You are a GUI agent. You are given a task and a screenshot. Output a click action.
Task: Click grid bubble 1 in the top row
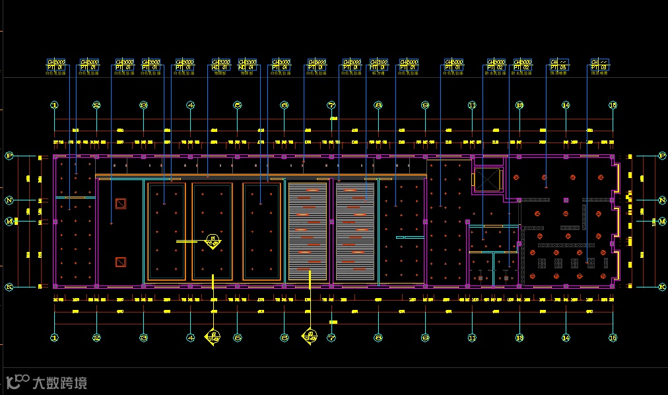[55, 105]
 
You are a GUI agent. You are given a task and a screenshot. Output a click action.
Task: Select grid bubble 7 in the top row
[331, 105]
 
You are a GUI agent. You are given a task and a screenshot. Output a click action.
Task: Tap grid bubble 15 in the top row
[613, 105]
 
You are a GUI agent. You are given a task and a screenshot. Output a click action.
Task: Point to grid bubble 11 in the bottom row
[472, 338]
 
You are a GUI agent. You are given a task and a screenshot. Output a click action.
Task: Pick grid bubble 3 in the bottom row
[143, 338]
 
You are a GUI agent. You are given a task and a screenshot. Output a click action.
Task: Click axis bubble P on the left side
[9, 156]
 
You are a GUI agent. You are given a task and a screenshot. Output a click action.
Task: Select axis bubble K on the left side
[9, 287]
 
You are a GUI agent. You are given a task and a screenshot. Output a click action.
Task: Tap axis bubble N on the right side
[661, 200]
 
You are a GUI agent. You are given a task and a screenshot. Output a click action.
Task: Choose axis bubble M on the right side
[661, 222]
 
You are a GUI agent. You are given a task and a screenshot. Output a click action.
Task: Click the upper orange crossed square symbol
[120, 204]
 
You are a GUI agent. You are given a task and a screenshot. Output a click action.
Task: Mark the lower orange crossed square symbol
[120, 262]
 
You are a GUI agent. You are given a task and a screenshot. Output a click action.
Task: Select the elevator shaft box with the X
[487, 179]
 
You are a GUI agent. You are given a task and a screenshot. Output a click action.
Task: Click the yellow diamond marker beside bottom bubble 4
[213, 337]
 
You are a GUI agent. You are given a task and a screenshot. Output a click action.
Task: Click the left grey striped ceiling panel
[308, 231]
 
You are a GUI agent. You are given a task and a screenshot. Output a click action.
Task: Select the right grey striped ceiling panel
[355, 231]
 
